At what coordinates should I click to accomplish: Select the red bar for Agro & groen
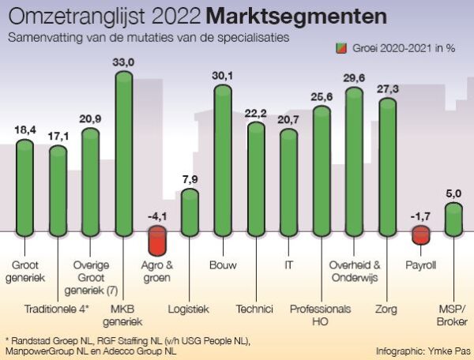tap(157, 240)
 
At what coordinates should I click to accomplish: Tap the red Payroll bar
tap(420, 234)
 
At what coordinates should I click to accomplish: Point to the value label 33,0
tap(124, 61)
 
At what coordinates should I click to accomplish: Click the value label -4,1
tap(156, 216)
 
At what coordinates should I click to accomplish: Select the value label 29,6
tap(355, 77)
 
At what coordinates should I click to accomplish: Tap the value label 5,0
tap(453, 192)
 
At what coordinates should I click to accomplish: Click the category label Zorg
tap(387, 309)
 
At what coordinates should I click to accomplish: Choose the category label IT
tap(288, 264)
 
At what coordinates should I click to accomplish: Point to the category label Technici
tap(254, 309)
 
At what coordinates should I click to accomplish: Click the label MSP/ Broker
tap(453, 315)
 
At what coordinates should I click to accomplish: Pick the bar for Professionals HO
tap(322, 170)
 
